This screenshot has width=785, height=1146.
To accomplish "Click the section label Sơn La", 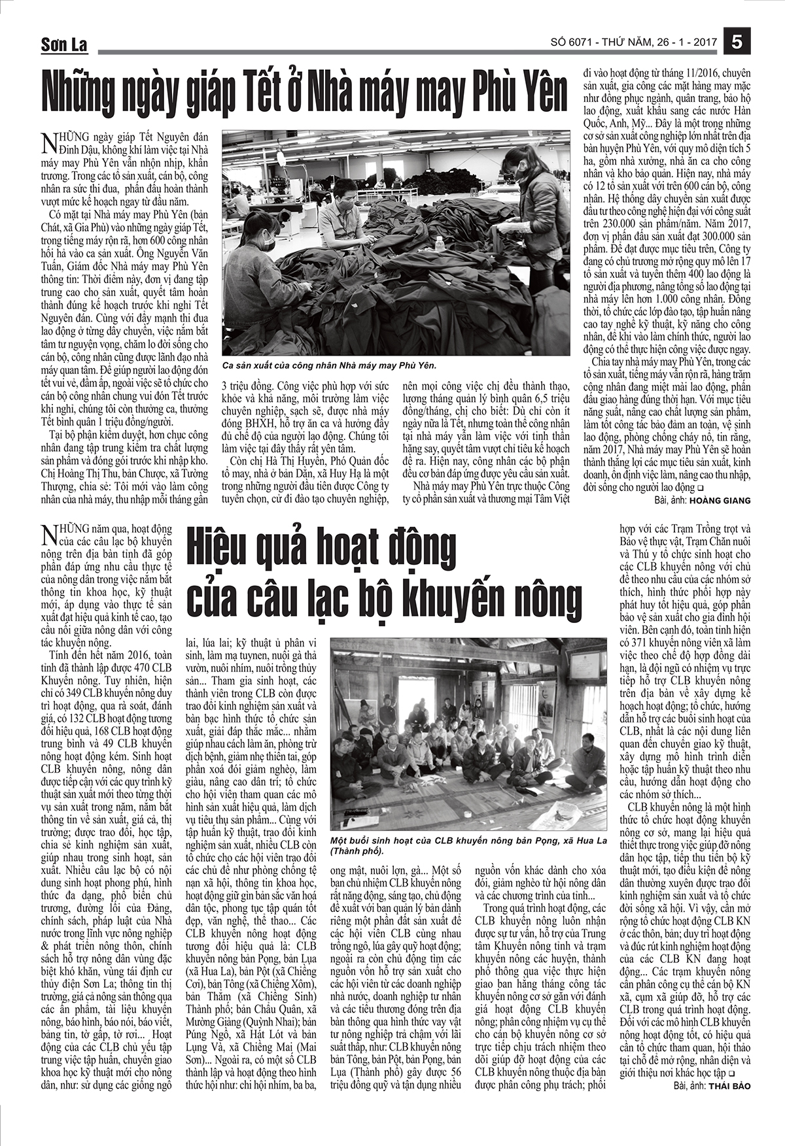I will click(64, 45).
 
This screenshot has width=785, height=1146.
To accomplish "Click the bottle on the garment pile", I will click(440, 244).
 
